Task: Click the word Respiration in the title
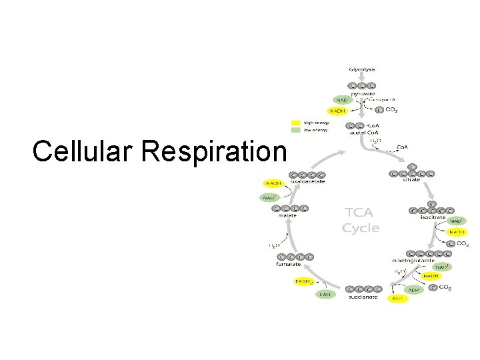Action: point(213,151)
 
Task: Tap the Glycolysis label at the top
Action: point(362,69)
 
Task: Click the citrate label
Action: point(411,180)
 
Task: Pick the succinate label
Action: point(364,297)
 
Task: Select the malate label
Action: point(287,215)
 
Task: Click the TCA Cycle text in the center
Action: point(361,220)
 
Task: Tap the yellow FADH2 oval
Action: point(304,281)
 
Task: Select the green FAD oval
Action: point(325,294)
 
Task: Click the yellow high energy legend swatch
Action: point(296,123)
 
